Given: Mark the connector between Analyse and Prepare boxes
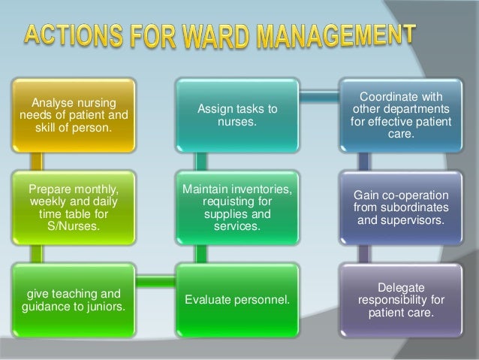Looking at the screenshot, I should click(x=41, y=162).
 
